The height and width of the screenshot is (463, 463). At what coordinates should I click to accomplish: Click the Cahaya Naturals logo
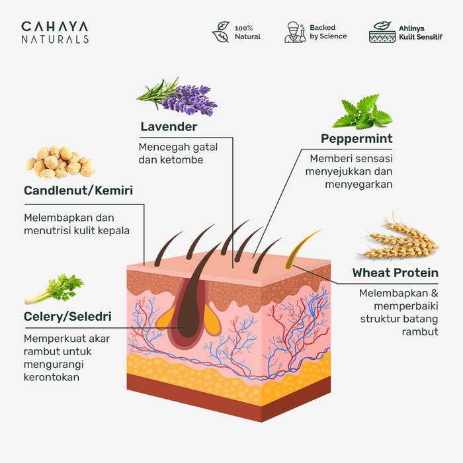click(x=54, y=32)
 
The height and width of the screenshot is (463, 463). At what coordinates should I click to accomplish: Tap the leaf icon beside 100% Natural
click(x=221, y=32)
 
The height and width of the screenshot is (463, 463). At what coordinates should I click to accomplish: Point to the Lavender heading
click(x=169, y=126)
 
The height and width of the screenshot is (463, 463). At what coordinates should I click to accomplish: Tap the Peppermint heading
click(x=357, y=138)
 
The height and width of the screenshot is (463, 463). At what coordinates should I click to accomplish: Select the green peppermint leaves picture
click(x=364, y=112)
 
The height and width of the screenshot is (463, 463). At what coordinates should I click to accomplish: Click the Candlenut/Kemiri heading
click(x=78, y=190)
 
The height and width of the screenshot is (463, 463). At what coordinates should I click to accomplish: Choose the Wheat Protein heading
click(x=395, y=273)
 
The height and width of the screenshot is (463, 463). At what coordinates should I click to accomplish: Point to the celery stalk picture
click(x=54, y=290)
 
